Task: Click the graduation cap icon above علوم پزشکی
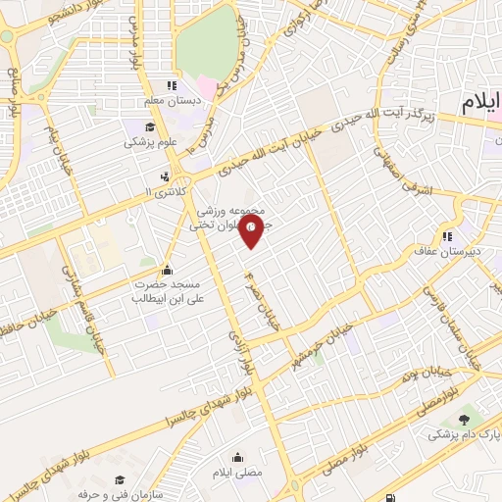pos(150,127)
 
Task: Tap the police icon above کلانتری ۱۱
pos(164,177)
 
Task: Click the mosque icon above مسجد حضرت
pos(167,271)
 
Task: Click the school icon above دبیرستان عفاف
pos(447,235)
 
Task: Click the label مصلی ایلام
pos(239,474)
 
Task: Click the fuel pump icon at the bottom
pos(392,498)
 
